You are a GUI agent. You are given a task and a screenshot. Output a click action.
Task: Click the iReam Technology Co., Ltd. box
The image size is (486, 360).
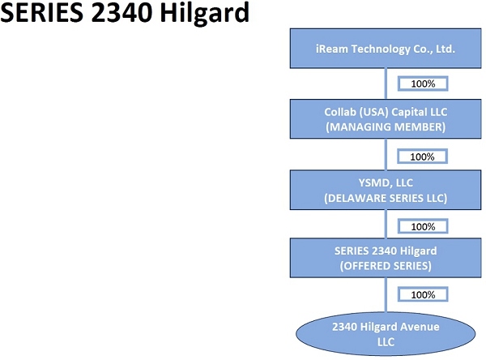(386, 49)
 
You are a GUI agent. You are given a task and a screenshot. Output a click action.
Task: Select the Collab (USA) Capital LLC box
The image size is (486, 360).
(386, 118)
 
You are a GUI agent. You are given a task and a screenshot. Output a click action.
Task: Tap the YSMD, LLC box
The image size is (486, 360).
(386, 188)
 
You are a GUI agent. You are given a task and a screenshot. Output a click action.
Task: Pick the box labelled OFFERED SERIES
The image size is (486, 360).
(386, 257)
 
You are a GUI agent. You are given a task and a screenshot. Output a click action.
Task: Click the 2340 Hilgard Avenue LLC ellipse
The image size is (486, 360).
(386, 334)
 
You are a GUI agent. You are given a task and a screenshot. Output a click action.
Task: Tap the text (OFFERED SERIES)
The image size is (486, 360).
(386, 265)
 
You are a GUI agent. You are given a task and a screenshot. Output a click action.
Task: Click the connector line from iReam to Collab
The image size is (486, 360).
(386, 84)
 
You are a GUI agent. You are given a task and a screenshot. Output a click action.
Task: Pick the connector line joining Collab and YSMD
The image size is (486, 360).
(386, 154)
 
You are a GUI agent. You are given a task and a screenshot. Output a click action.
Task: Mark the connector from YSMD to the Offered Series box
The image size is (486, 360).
(386, 224)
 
